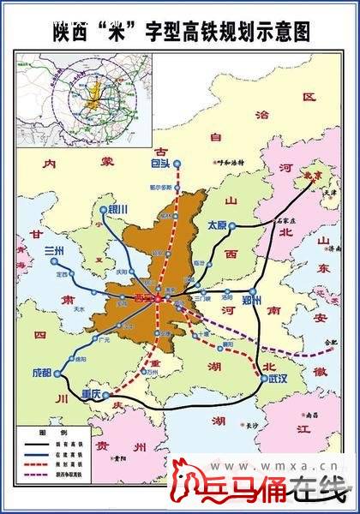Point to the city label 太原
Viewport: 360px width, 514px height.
[x=217, y=225]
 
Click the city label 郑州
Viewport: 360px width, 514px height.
[x=255, y=300]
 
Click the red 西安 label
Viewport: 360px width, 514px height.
[x=144, y=299]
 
